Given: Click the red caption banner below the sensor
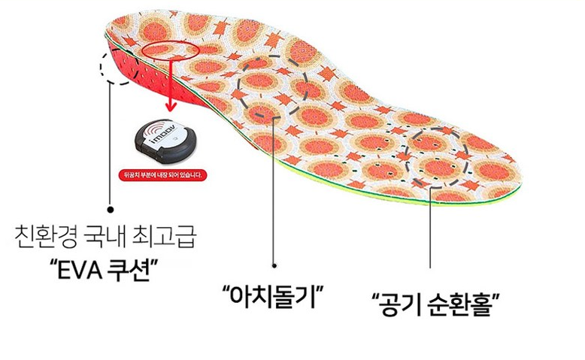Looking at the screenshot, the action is coord(164,175).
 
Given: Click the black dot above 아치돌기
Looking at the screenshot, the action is coord(274,265).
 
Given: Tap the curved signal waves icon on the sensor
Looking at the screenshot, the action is coord(152,132).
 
